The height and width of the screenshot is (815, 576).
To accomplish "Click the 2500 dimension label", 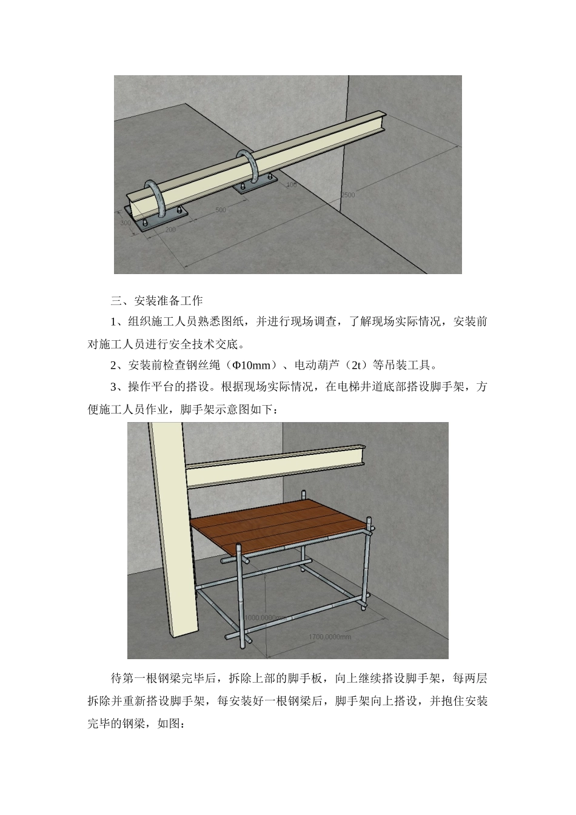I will point(347,195).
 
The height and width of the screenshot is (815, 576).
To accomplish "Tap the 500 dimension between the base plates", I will point(220,210).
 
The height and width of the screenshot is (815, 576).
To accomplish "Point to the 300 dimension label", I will point(126,223).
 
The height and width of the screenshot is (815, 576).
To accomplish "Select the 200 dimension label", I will point(170,230).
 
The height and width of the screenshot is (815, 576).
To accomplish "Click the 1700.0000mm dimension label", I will point(329,637).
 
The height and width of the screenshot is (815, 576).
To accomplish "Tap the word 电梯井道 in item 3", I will point(360,387).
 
